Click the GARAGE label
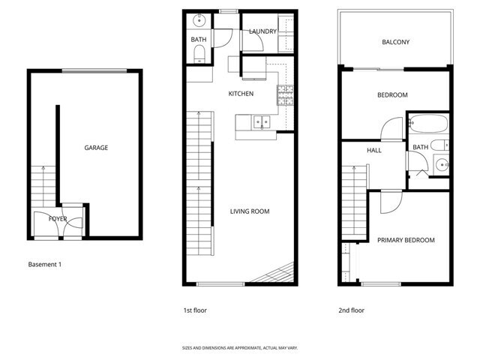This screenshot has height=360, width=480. coord(96,148)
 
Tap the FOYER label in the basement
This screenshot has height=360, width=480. coord(58,219)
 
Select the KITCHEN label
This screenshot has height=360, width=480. coord(241,94)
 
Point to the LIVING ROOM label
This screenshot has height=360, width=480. coord(250,211)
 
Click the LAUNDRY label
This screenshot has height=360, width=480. coord(262,31)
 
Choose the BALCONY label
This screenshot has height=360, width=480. coord(395,42)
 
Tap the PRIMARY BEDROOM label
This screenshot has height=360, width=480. coord(406,240)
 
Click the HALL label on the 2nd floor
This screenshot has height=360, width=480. coord(374,150)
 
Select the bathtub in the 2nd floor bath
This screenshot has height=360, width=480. coord(428,123)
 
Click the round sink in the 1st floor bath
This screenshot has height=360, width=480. coord(199,21)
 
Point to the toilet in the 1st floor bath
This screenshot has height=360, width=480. coord(199,54)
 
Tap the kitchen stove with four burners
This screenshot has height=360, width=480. coord(285,95)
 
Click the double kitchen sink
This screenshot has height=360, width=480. coord(262,122)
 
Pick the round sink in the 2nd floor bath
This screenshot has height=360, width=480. coord(442,165)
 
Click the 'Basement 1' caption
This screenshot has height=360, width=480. coord(45,265)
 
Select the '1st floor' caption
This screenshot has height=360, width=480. coord(195,310)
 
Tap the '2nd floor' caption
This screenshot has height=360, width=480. coord(352,310)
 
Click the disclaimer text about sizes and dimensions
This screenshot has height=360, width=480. coord(240,348)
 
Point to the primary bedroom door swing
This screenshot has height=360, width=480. coord(391,202)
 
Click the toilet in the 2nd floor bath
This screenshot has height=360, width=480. coord(439,145)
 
